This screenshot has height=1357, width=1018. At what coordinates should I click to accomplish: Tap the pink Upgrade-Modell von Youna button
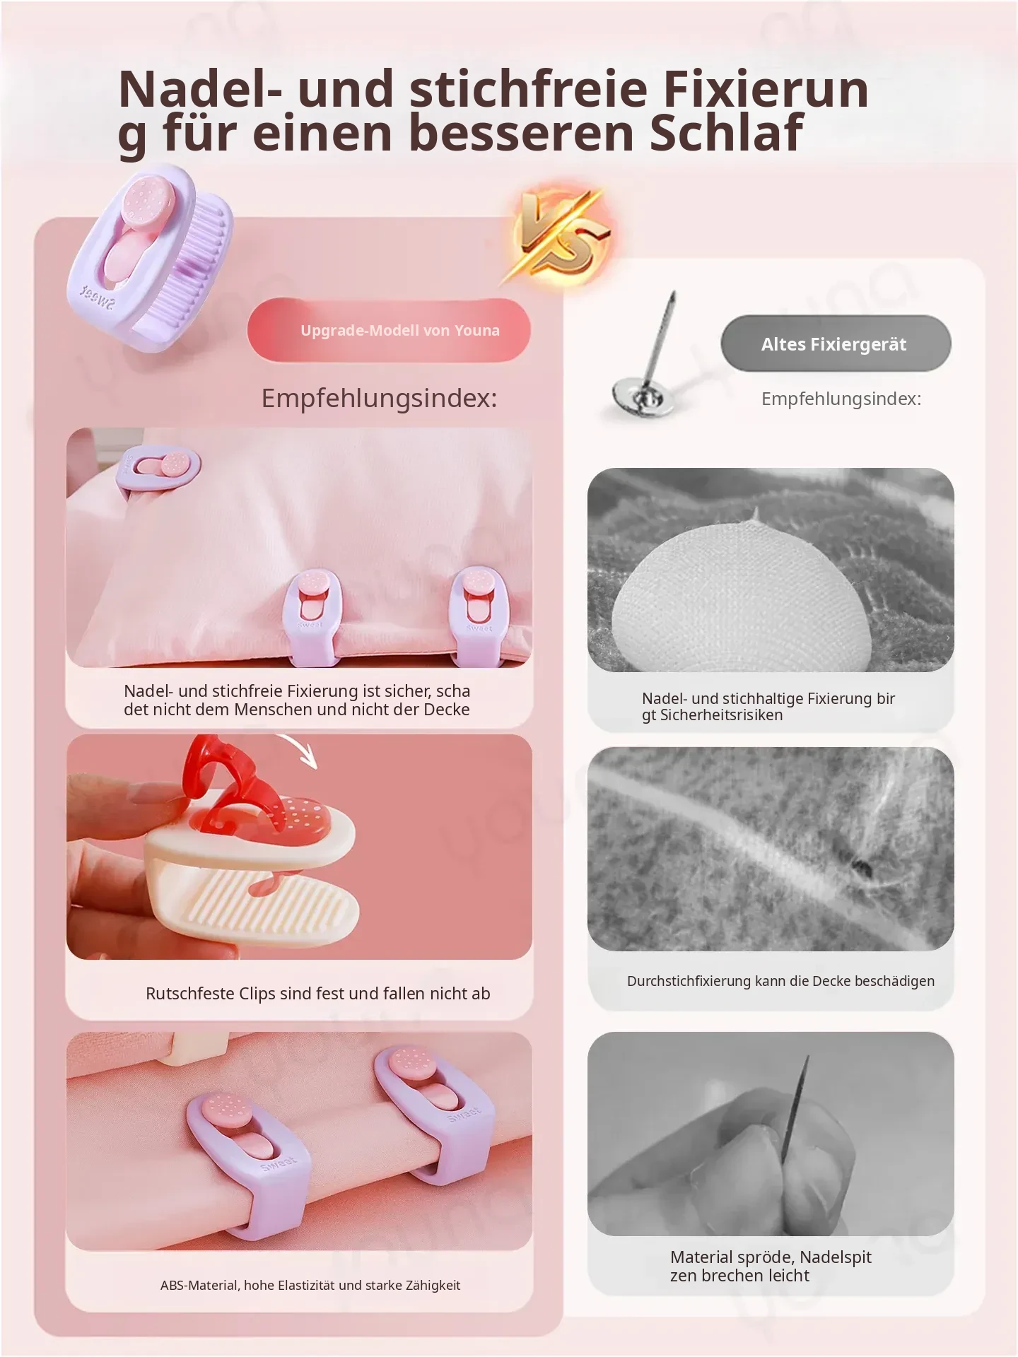(389, 330)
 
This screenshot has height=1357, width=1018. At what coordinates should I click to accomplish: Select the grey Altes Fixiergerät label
(836, 344)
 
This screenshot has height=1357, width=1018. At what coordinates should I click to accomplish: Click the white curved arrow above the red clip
(297, 750)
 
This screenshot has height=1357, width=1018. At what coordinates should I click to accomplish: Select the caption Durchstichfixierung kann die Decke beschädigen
(780, 981)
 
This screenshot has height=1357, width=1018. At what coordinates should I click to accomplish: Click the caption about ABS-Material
(310, 1285)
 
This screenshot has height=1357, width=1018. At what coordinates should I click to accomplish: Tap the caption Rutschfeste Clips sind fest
(318, 993)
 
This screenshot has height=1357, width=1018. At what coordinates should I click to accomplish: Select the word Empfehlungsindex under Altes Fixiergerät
(841, 399)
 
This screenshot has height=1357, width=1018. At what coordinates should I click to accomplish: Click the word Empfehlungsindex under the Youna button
(379, 398)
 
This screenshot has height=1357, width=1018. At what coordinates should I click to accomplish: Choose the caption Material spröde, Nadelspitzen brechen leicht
(771, 1266)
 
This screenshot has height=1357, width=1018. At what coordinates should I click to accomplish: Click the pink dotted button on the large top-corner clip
(149, 199)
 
